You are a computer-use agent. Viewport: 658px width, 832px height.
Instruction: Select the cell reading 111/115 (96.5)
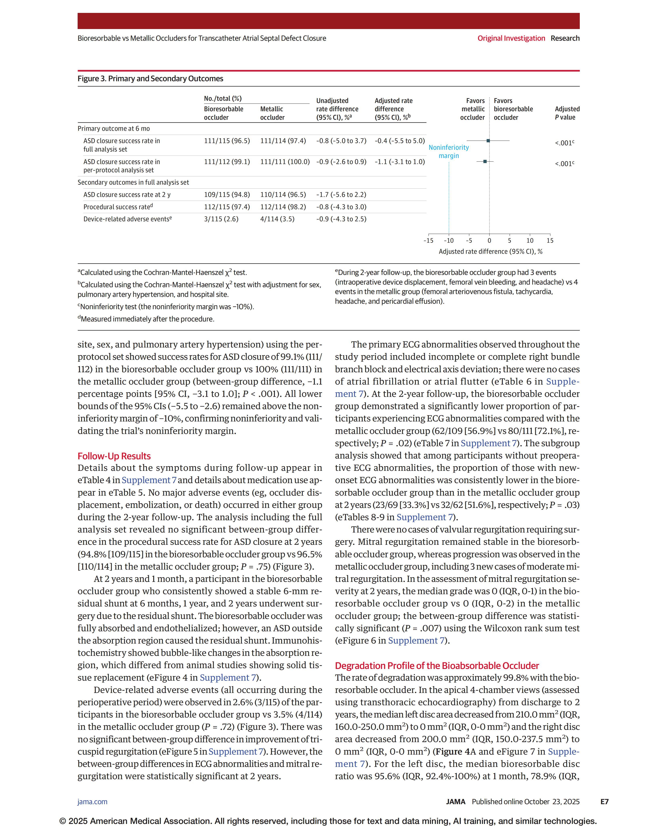[227, 141]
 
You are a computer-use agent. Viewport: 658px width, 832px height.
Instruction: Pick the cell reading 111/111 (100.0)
[285, 162]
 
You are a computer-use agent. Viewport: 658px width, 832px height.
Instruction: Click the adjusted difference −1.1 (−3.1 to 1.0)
[400, 162]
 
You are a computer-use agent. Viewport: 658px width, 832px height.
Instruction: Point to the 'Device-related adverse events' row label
[128, 219]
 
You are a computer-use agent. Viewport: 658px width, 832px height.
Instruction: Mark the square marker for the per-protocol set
[485, 161]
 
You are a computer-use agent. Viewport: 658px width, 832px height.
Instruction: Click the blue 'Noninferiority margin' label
[449, 151]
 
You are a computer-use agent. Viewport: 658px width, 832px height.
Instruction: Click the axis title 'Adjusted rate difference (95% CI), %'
[490, 252]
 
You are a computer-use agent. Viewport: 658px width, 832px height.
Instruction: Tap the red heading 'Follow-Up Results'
[114, 456]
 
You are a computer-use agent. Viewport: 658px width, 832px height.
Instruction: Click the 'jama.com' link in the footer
[93, 802]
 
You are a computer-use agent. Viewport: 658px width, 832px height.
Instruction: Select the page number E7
[604, 802]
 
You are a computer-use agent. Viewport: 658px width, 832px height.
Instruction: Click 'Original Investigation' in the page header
[511, 38]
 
